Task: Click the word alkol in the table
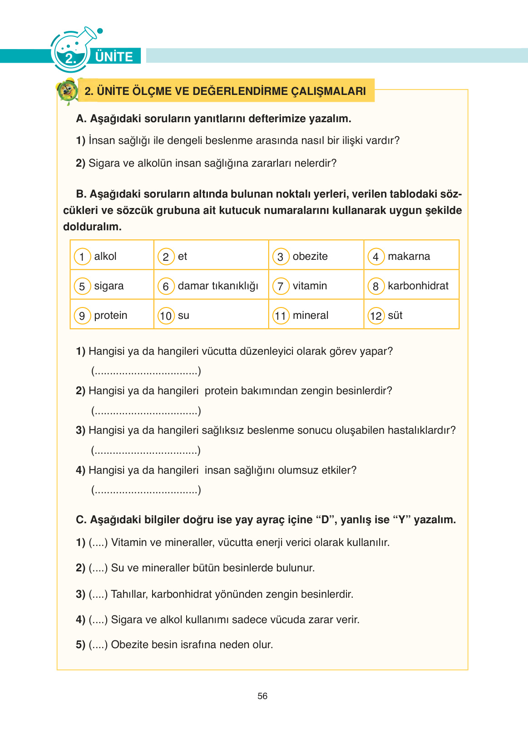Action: click(x=105, y=256)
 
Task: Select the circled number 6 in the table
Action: click(x=166, y=286)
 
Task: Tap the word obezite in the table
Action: click(x=310, y=256)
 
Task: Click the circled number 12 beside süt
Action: click(x=376, y=316)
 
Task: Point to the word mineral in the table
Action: click(x=310, y=315)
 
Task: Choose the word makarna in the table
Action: click(x=409, y=256)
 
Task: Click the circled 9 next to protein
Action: click(x=82, y=316)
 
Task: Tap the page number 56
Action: click(x=262, y=696)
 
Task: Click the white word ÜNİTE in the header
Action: click(x=114, y=57)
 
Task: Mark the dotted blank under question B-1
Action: click(x=146, y=372)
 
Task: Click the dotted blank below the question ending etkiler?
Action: click(x=146, y=490)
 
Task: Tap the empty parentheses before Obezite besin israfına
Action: click(x=98, y=645)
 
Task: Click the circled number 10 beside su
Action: click(x=166, y=316)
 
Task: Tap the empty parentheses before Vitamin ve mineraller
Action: click(x=98, y=542)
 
